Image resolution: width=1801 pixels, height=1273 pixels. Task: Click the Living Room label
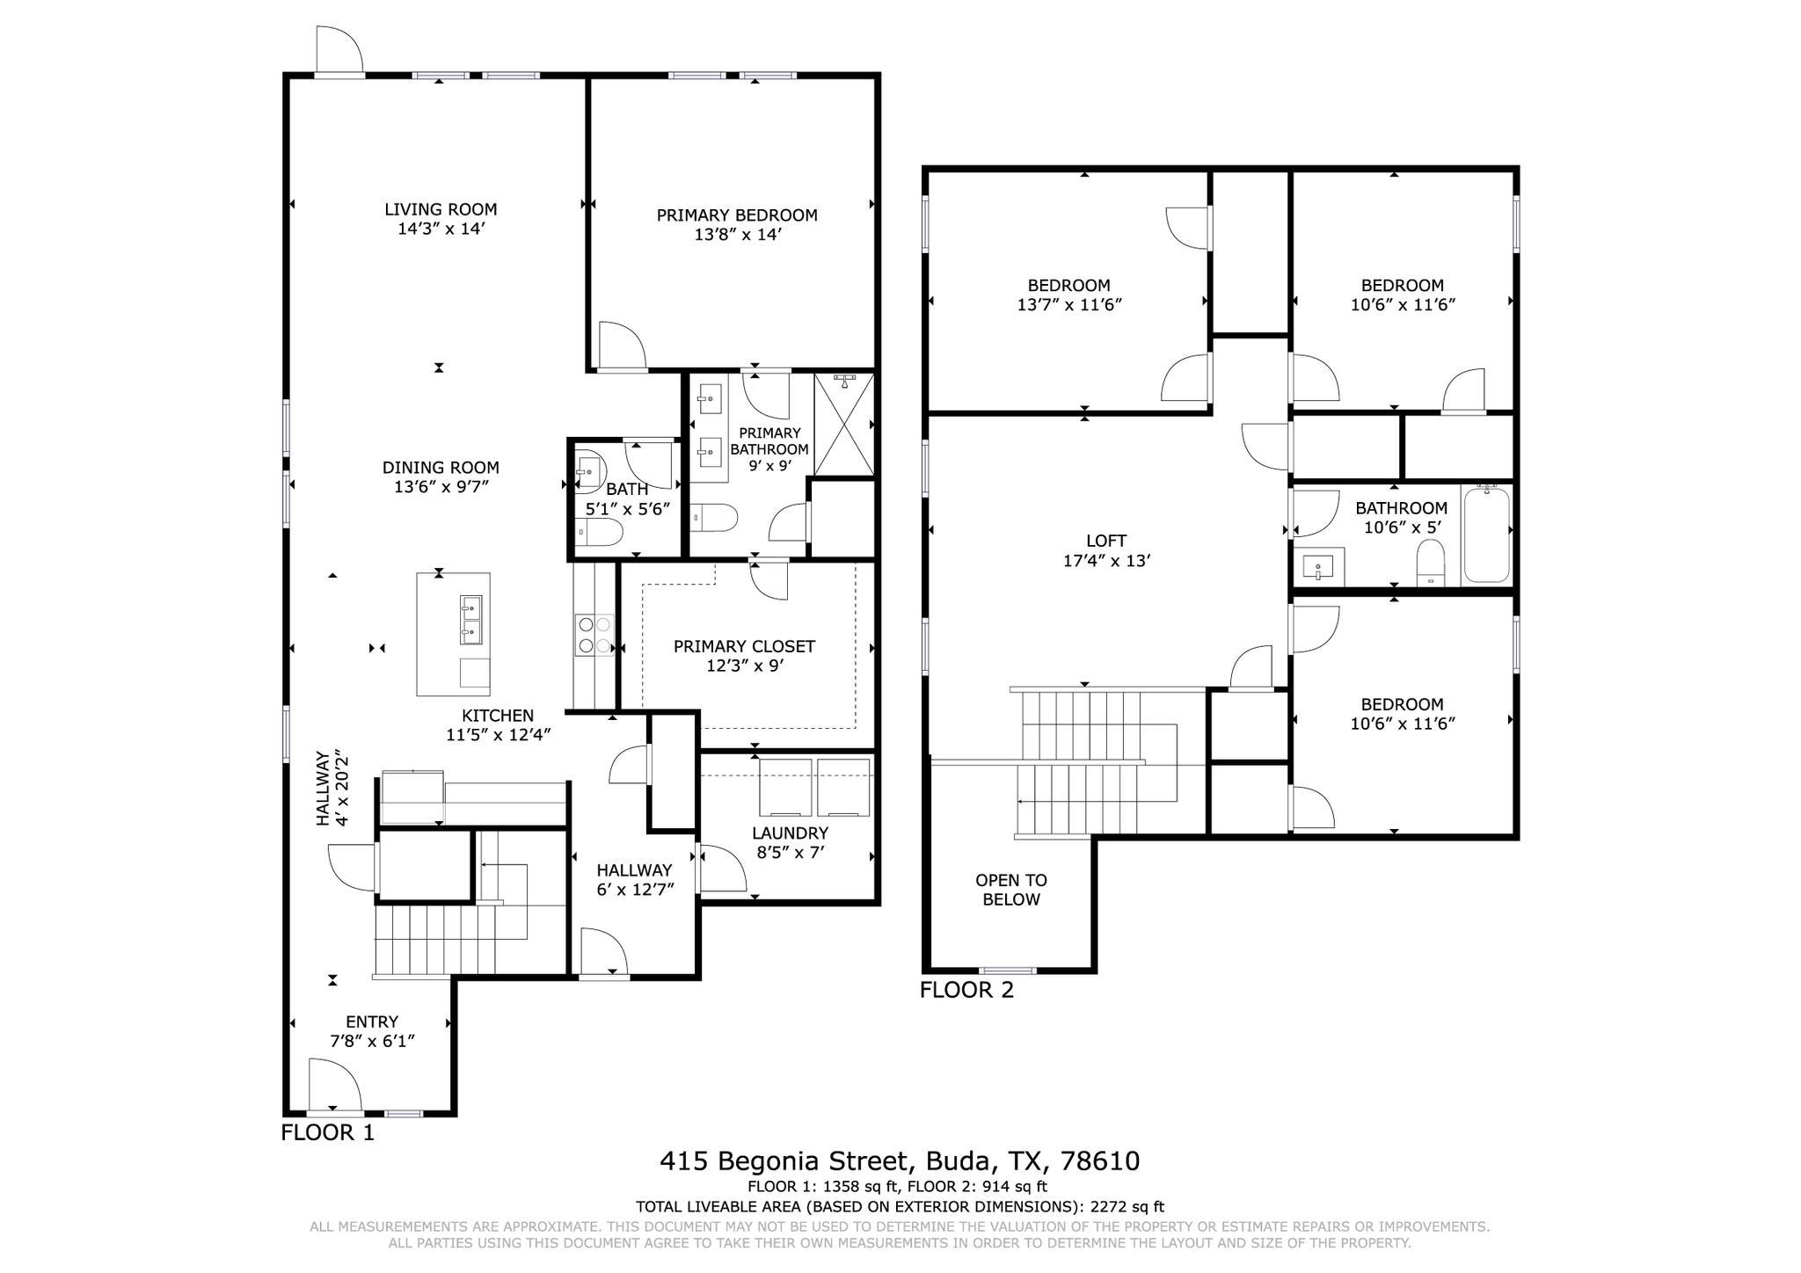[x=440, y=209]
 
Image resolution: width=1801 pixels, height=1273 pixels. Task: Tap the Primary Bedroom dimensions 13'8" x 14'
[x=737, y=235]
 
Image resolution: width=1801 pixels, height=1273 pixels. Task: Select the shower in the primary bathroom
[x=843, y=425]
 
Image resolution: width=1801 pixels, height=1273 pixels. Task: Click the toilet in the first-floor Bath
[x=599, y=532]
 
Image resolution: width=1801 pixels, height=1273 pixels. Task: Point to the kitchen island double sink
[x=470, y=618]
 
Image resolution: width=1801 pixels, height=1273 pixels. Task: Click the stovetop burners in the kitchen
[x=594, y=635]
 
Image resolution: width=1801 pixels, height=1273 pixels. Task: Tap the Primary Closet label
[x=744, y=646]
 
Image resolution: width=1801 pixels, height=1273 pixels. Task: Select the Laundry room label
[x=789, y=833]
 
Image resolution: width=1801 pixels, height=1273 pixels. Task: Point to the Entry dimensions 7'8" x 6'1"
[x=372, y=1041]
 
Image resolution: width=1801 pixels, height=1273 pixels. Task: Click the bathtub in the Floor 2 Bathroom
[x=1486, y=535]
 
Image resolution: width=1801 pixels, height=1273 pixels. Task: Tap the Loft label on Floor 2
[x=1105, y=542]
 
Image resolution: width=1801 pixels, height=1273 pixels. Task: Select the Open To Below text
[x=1011, y=890]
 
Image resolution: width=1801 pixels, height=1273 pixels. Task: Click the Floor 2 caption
[x=966, y=990]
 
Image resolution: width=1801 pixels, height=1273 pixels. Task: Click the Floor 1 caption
[x=327, y=1132]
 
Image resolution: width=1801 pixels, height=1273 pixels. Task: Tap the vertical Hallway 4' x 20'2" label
[x=332, y=789]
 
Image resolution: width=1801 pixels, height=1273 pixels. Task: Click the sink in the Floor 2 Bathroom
[x=1318, y=566]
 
